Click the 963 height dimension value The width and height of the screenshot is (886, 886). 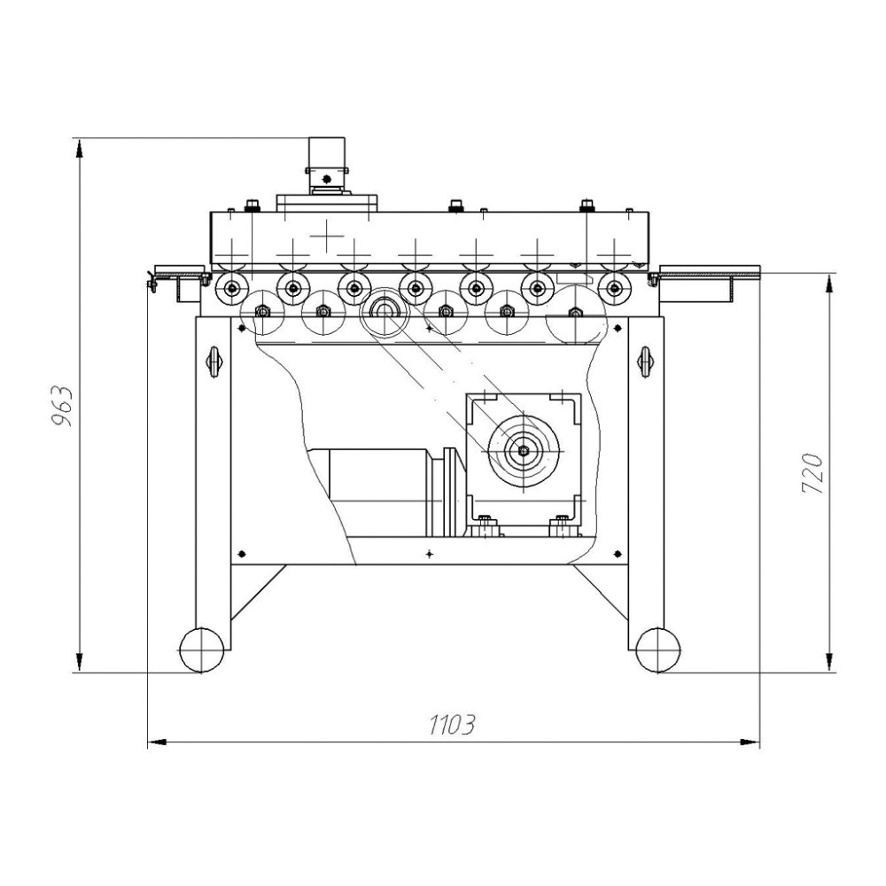[x=62, y=406]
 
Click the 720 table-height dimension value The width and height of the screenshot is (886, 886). [x=813, y=473]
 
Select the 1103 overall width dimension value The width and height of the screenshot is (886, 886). [x=452, y=725]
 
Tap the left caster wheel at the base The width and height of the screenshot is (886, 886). [x=202, y=649]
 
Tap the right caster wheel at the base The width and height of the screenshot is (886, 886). [x=657, y=649]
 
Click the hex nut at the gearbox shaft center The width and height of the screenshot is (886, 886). [x=524, y=450]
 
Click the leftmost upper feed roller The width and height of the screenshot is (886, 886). [x=230, y=288]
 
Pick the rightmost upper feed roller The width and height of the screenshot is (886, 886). [x=614, y=288]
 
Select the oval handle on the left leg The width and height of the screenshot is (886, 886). [x=214, y=361]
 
